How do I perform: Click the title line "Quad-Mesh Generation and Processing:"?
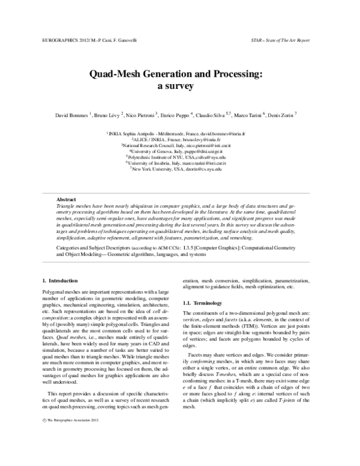[x=180, y=74]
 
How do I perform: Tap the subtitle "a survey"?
[x=180, y=86]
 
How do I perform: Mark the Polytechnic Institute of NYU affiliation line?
[x=180, y=157]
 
